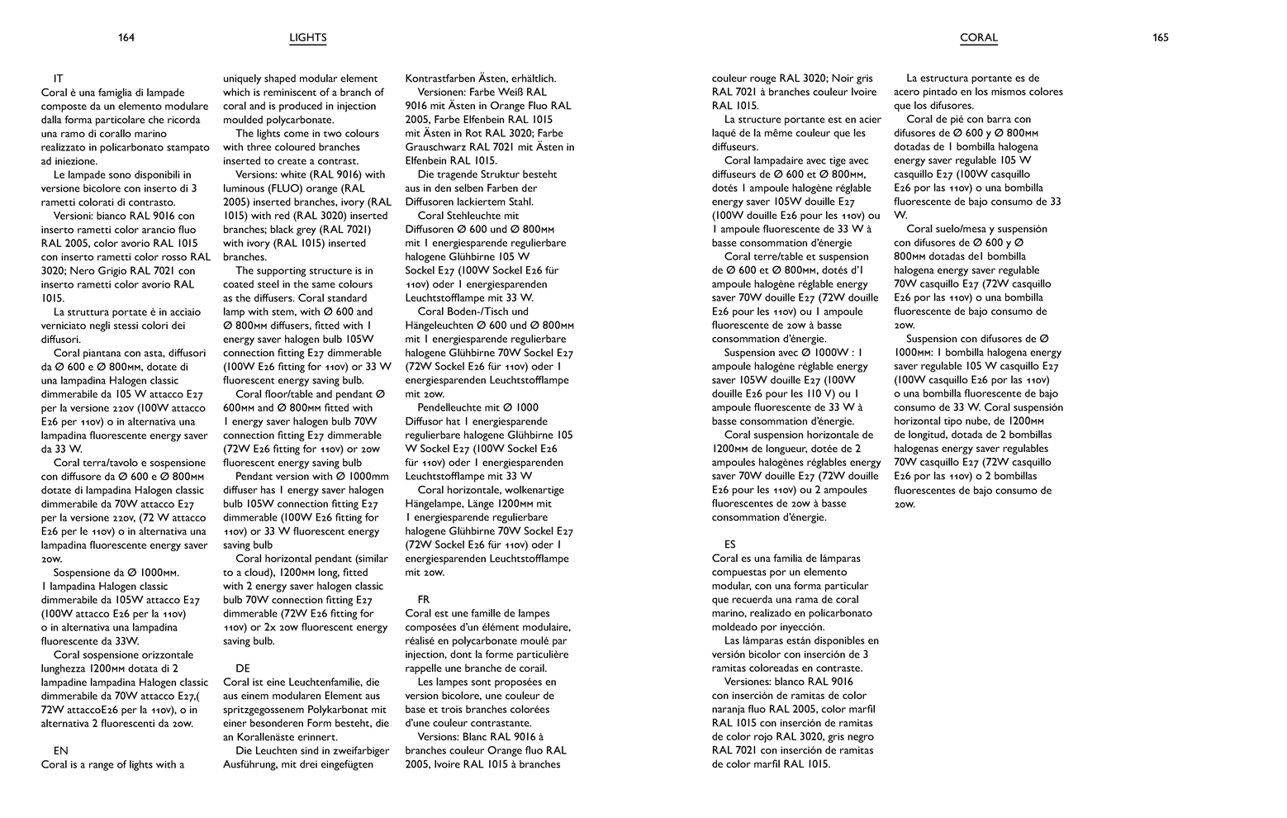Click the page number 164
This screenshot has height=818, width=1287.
[x=126, y=37]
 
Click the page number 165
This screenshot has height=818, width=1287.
[x=1160, y=37]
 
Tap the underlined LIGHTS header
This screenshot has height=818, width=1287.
[x=308, y=38]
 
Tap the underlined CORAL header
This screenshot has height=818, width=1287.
[x=979, y=38]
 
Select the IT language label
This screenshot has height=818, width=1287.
[x=59, y=78]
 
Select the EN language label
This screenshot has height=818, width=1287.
[x=61, y=751]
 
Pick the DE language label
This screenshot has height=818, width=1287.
[x=243, y=668]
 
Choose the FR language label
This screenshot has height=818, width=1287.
[x=424, y=600]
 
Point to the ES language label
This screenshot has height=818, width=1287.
[x=730, y=545]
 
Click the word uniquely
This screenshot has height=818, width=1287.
[x=245, y=78]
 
